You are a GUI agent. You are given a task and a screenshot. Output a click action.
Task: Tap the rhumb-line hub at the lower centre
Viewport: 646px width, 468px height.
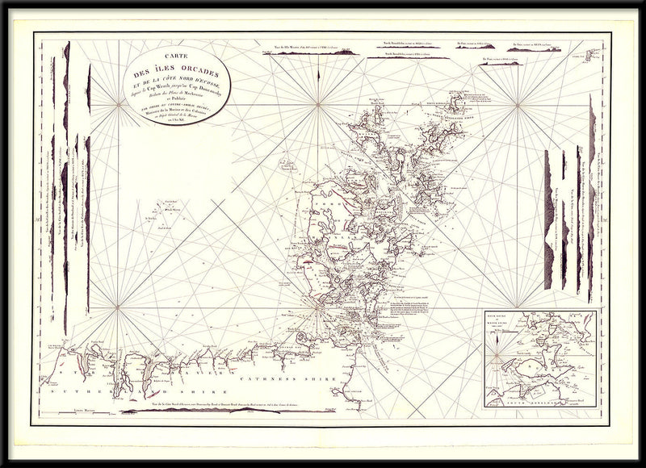318,307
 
